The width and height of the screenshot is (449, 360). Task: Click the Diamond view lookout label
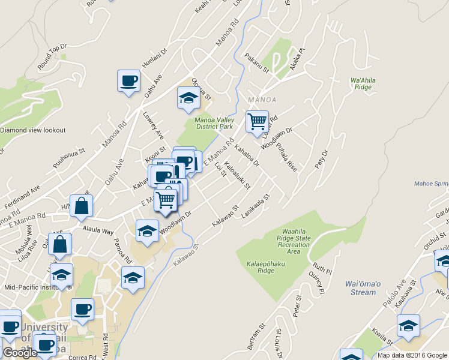coord(32,130)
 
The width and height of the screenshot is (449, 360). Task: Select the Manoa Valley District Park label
coord(213,122)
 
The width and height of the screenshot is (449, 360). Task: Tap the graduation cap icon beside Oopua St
coord(188,98)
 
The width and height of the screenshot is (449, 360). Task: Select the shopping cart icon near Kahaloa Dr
coord(257,122)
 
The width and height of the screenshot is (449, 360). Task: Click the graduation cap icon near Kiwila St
coord(408,326)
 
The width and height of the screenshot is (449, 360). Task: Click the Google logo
coord(20,353)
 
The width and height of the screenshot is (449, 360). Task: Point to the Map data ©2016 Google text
coord(412,355)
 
